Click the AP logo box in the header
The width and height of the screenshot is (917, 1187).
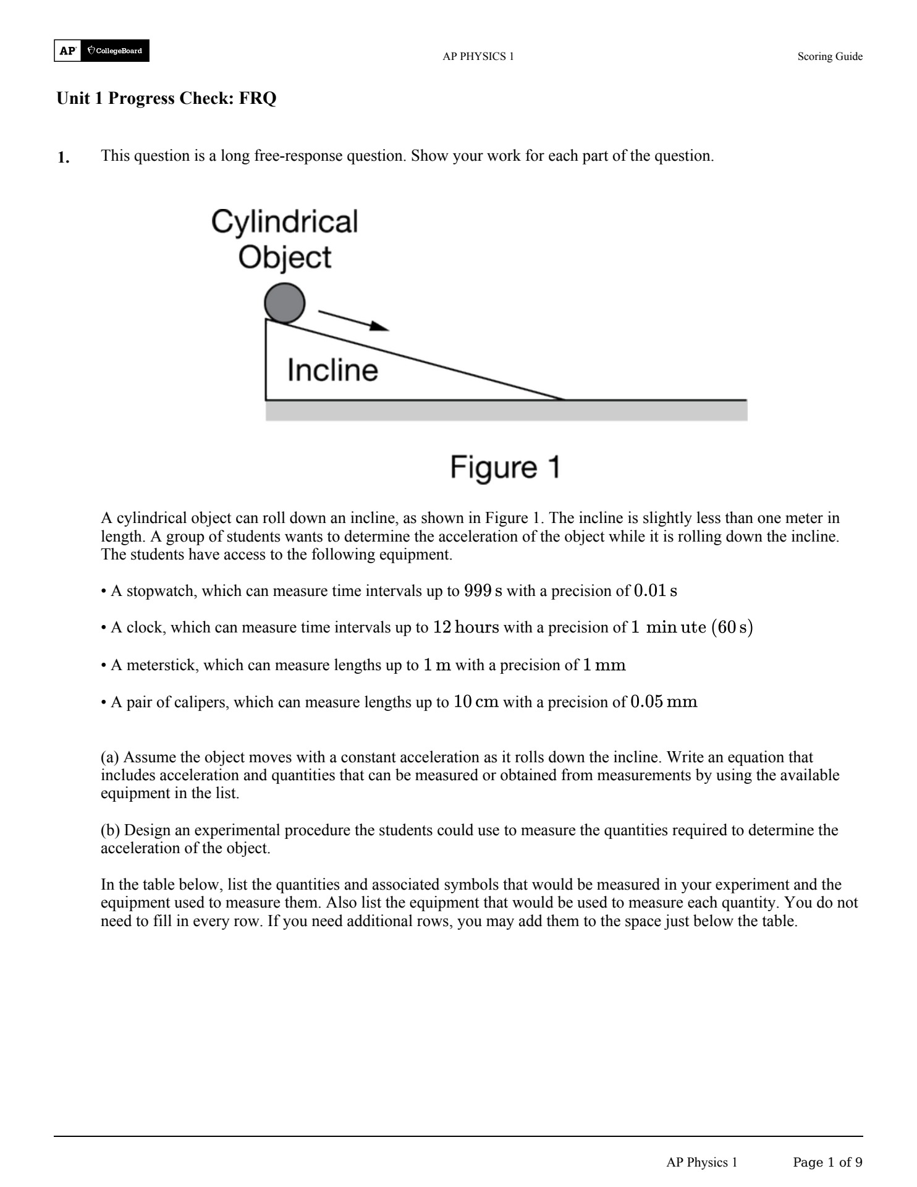click(x=67, y=51)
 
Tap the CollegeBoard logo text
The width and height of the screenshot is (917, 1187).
click(x=116, y=51)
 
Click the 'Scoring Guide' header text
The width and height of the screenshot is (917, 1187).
click(x=829, y=57)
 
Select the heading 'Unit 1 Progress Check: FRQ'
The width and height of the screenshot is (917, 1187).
click(x=166, y=98)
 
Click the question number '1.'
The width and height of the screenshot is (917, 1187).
click(x=64, y=158)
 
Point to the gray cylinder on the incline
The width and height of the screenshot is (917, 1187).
click(x=285, y=303)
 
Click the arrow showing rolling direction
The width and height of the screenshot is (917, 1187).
click(x=353, y=320)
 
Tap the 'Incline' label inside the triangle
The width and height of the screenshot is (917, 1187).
click(x=332, y=370)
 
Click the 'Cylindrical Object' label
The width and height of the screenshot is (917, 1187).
click(x=285, y=239)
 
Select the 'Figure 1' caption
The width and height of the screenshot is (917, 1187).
click(x=505, y=467)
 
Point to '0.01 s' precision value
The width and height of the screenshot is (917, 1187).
click(x=655, y=591)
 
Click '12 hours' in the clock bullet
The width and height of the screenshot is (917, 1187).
click(x=465, y=628)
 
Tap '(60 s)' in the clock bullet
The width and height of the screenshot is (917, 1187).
click(x=732, y=628)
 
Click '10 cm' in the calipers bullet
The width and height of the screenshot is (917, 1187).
click(x=476, y=702)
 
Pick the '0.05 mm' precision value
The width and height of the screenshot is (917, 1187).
click(x=664, y=702)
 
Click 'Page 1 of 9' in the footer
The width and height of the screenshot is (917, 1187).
click(x=827, y=1163)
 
